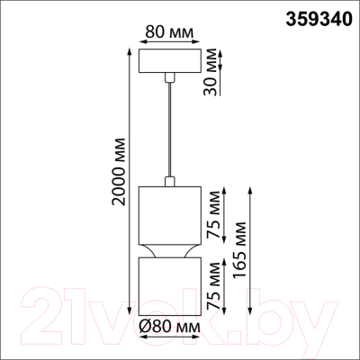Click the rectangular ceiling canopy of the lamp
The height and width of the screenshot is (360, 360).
click(x=168, y=62)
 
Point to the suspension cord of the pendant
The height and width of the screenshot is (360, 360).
click(x=168, y=126)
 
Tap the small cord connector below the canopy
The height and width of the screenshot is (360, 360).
click(x=168, y=81)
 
